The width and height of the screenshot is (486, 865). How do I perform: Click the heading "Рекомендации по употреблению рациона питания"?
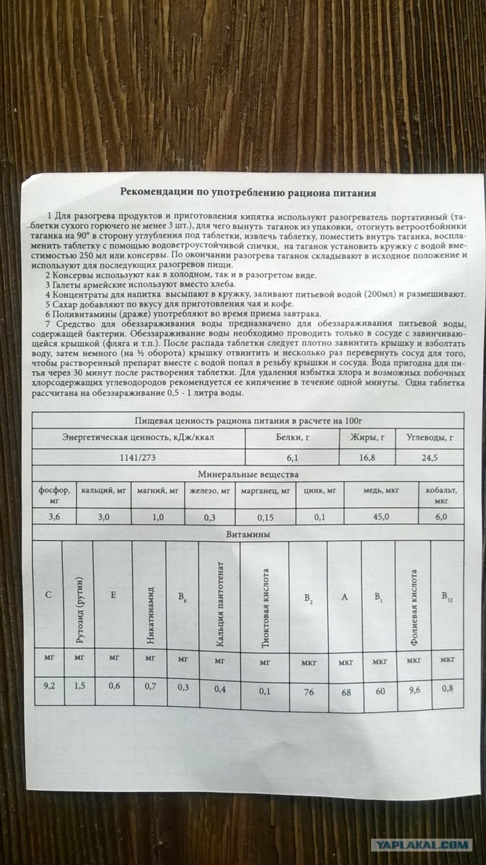pyautogui.click(x=248, y=192)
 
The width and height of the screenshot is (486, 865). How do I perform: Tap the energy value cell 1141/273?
pyautogui.click(x=137, y=457)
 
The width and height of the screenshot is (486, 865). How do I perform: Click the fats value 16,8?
pyautogui.click(x=367, y=457)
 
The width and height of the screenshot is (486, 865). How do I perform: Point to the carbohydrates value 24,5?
pyautogui.click(x=429, y=457)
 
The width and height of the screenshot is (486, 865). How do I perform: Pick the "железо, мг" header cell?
pyautogui.click(x=210, y=491)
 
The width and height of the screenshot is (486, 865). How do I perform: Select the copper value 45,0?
pyautogui.click(x=381, y=517)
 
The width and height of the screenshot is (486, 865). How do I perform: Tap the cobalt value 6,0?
pyautogui.click(x=441, y=517)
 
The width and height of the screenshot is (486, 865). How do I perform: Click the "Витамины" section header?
pyautogui.click(x=249, y=534)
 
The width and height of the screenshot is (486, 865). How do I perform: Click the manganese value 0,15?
pyautogui.click(x=265, y=517)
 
